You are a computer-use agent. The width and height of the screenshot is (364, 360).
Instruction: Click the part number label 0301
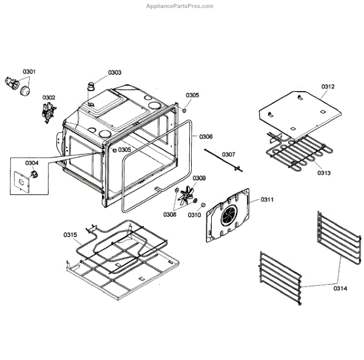29,72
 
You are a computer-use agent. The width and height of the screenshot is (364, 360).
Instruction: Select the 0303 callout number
115,73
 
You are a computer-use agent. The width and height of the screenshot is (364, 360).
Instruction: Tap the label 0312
328,87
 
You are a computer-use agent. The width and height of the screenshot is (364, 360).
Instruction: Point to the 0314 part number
340,288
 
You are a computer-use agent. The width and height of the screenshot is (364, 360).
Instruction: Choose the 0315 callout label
70,234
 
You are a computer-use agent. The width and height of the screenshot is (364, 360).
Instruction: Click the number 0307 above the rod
228,154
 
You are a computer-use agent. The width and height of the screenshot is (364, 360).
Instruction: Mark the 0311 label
268,199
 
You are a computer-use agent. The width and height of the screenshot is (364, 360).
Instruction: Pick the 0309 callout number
199,178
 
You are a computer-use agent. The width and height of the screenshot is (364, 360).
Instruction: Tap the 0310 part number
194,214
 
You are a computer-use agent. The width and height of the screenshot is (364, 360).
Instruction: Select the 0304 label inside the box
32,163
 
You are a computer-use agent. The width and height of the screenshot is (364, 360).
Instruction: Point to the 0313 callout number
324,173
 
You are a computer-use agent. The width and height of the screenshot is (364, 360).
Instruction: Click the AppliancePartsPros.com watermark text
180,6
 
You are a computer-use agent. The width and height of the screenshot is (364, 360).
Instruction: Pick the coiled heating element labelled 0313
300,152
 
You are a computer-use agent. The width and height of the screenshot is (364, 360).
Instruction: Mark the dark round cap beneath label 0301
26,90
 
